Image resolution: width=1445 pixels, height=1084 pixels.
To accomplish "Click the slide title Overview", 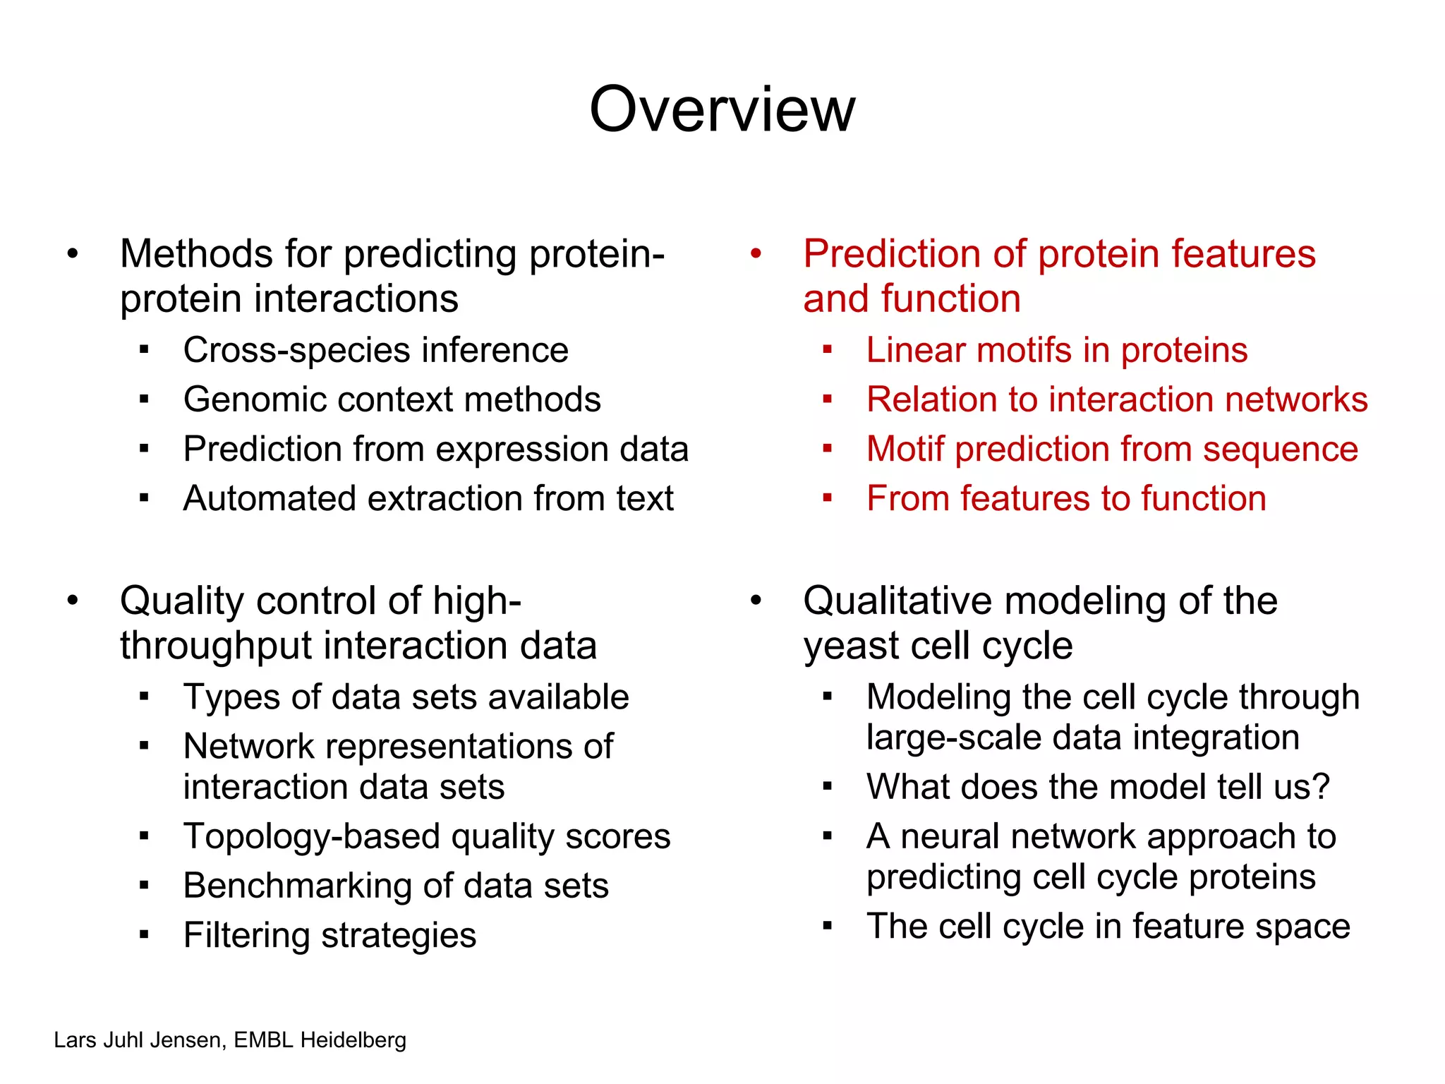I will [722, 109].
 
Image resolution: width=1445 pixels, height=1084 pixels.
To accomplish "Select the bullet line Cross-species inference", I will [375, 350].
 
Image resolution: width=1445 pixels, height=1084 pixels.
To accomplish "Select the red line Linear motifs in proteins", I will [1056, 350].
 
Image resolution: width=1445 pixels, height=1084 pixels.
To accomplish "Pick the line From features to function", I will [1065, 498].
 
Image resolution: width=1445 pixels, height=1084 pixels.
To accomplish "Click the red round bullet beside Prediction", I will [756, 253].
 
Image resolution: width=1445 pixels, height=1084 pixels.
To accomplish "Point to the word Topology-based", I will [312, 837].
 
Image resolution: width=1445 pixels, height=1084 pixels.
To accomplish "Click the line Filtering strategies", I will [329, 936].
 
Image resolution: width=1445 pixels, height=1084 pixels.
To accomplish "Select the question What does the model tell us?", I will [1098, 787].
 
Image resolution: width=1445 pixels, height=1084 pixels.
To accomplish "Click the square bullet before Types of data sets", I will [145, 697].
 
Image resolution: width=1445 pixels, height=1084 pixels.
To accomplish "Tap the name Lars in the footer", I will [75, 1040].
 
